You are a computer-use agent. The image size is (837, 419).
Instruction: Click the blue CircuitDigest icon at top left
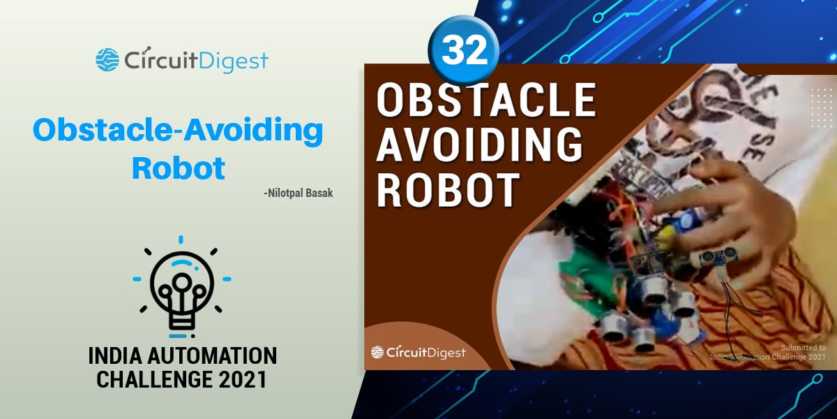(x=107, y=60)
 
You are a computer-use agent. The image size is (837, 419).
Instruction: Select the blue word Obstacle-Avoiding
(x=178, y=131)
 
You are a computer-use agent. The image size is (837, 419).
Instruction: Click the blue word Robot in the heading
(x=179, y=168)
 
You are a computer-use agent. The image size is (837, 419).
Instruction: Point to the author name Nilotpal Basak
(x=299, y=193)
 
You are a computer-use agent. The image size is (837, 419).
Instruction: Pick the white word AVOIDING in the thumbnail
(x=479, y=145)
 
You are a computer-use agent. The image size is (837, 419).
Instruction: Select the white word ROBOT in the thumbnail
(x=448, y=187)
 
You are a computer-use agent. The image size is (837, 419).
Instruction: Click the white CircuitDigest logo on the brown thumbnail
(x=418, y=353)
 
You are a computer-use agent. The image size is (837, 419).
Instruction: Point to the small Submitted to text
(x=803, y=348)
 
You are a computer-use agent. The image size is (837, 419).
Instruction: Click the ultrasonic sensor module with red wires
(x=718, y=259)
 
